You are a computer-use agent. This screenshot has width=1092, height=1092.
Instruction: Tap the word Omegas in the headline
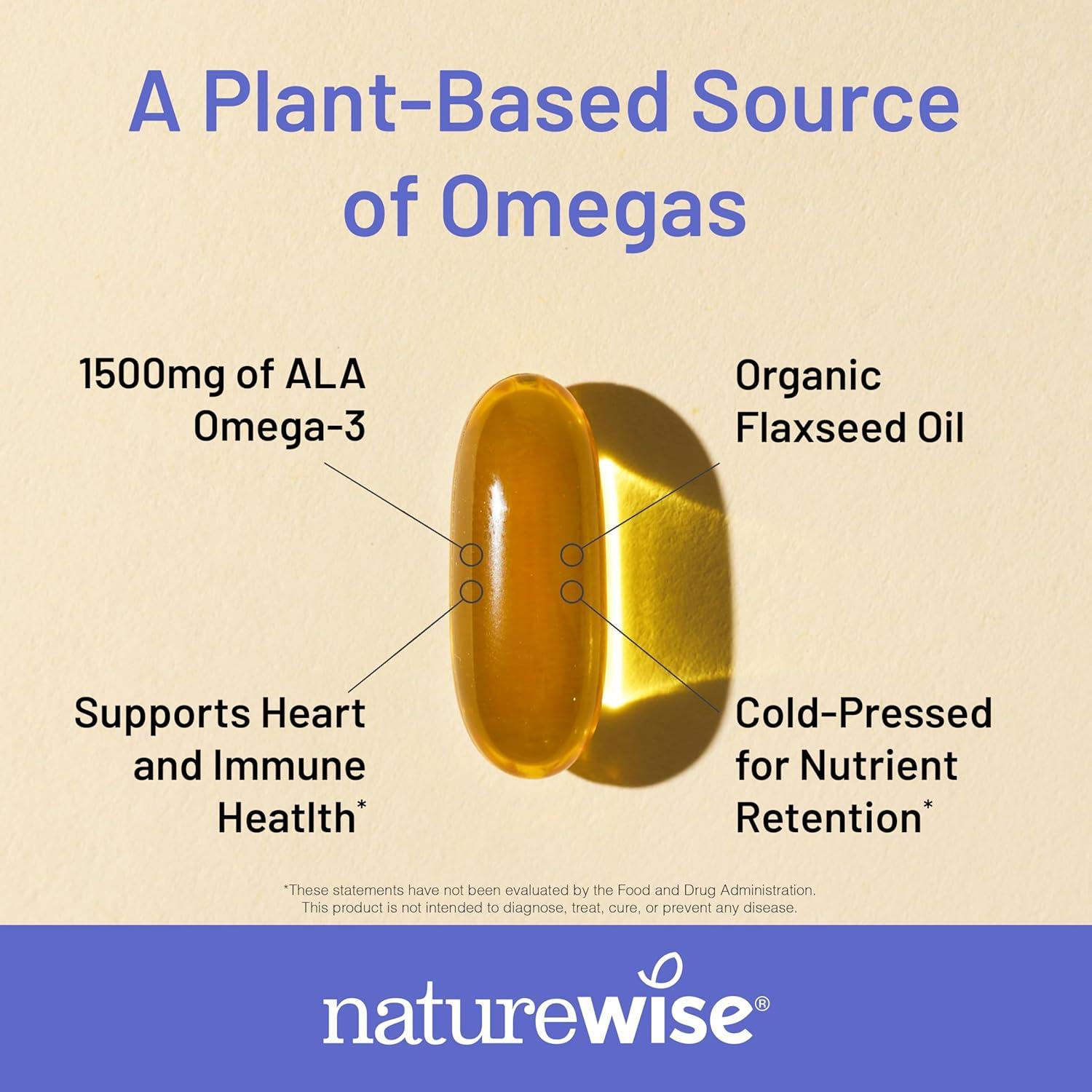(593, 207)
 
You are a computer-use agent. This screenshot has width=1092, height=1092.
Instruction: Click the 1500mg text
(153, 375)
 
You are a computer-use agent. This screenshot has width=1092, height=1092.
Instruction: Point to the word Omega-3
(279, 427)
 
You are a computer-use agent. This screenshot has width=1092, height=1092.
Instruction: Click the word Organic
(808, 376)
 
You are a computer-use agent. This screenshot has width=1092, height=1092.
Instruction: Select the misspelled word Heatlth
(286, 818)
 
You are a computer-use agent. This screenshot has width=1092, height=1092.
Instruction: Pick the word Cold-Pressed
(863, 713)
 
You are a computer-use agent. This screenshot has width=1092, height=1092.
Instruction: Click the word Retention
(828, 818)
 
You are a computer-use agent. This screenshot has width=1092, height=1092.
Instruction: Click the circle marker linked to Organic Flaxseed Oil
(572, 555)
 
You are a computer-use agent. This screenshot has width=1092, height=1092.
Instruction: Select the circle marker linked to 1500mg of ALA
(472, 555)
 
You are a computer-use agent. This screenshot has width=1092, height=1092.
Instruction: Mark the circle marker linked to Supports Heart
(472, 591)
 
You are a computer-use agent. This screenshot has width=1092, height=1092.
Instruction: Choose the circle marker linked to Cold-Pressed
(572, 591)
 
